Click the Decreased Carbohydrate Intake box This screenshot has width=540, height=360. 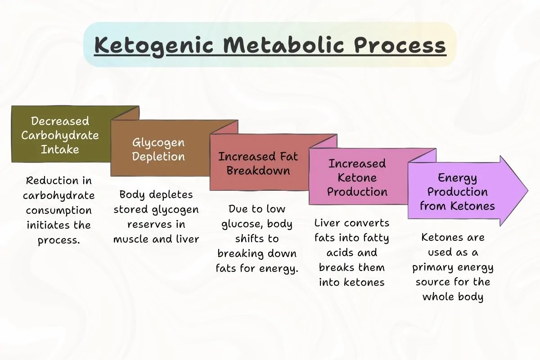pyautogui.click(x=59, y=135)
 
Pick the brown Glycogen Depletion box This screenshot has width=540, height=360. pyautogui.click(x=158, y=149)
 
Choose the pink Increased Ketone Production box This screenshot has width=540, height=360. pyautogui.click(x=357, y=177)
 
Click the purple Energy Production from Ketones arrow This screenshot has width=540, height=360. pyautogui.click(x=457, y=192)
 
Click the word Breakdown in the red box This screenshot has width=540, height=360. pyautogui.click(x=258, y=171)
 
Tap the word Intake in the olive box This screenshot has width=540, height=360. pyautogui.click(x=59, y=149)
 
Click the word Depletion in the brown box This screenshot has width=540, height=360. pyautogui.click(x=158, y=157)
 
